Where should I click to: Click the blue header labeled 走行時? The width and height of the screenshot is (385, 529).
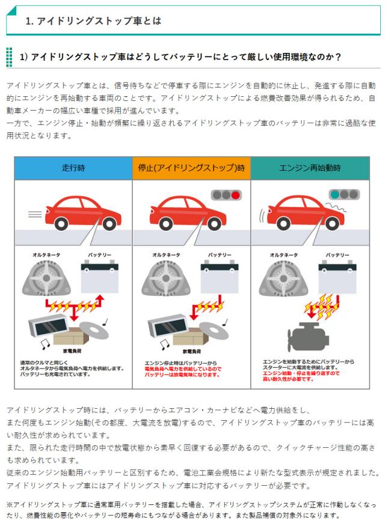point(73,168)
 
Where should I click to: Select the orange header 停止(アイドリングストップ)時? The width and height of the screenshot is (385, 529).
point(191,168)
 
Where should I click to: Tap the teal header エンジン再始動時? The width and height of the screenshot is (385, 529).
point(310,168)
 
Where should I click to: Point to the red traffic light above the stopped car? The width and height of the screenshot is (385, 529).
point(235,195)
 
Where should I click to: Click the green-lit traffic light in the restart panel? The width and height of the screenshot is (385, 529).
point(334,195)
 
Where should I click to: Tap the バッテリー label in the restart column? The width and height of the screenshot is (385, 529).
point(337,255)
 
